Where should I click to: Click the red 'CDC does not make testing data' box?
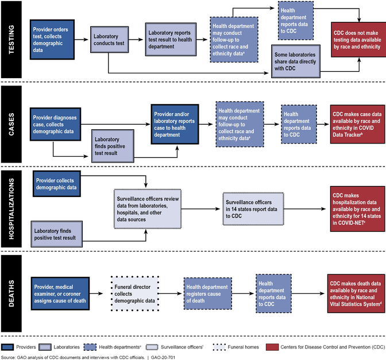pos(356,39)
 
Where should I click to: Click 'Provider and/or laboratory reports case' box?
pos(176,124)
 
